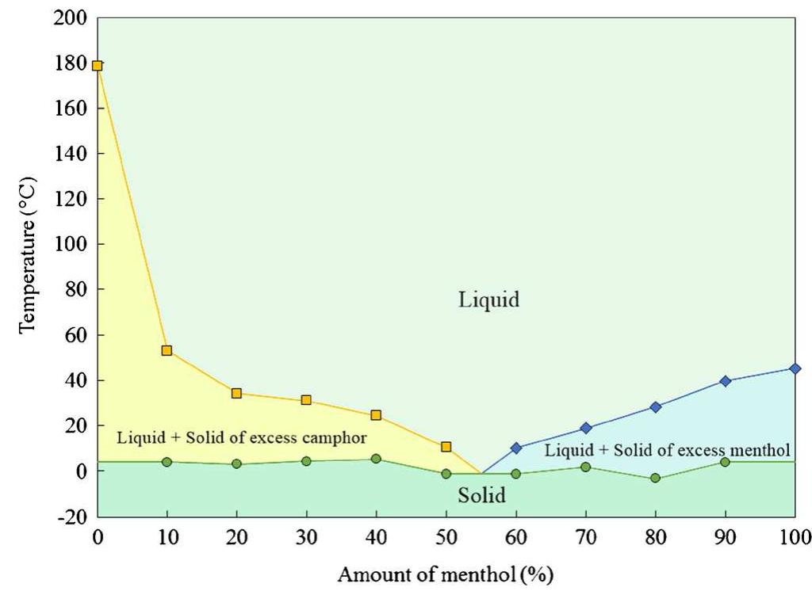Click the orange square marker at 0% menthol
[x=98, y=66]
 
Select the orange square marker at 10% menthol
[x=167, y=350]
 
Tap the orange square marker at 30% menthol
[x=306, y=400]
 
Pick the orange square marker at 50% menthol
[x=446, y=447]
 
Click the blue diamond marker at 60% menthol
[x=516, y=448]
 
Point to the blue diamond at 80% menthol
[x=655, y=407]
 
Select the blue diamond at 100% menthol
[x=795, y=368]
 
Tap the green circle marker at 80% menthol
[x=655, y=478]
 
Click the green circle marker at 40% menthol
[x=376, y=459]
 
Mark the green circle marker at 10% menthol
[x=167, y=462]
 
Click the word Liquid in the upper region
[x=488, y=300]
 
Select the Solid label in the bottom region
[x=482, y=496]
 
